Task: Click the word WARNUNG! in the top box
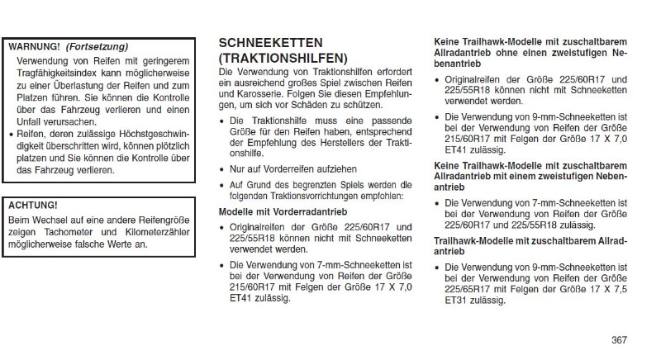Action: click(x=35, y=46)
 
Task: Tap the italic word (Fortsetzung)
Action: click(x=97, y=46)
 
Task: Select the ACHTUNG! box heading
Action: click(x=33, y=205)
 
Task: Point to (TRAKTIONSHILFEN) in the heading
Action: click(x=283, y=59)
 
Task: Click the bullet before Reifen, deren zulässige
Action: click(x=10, y=134)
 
